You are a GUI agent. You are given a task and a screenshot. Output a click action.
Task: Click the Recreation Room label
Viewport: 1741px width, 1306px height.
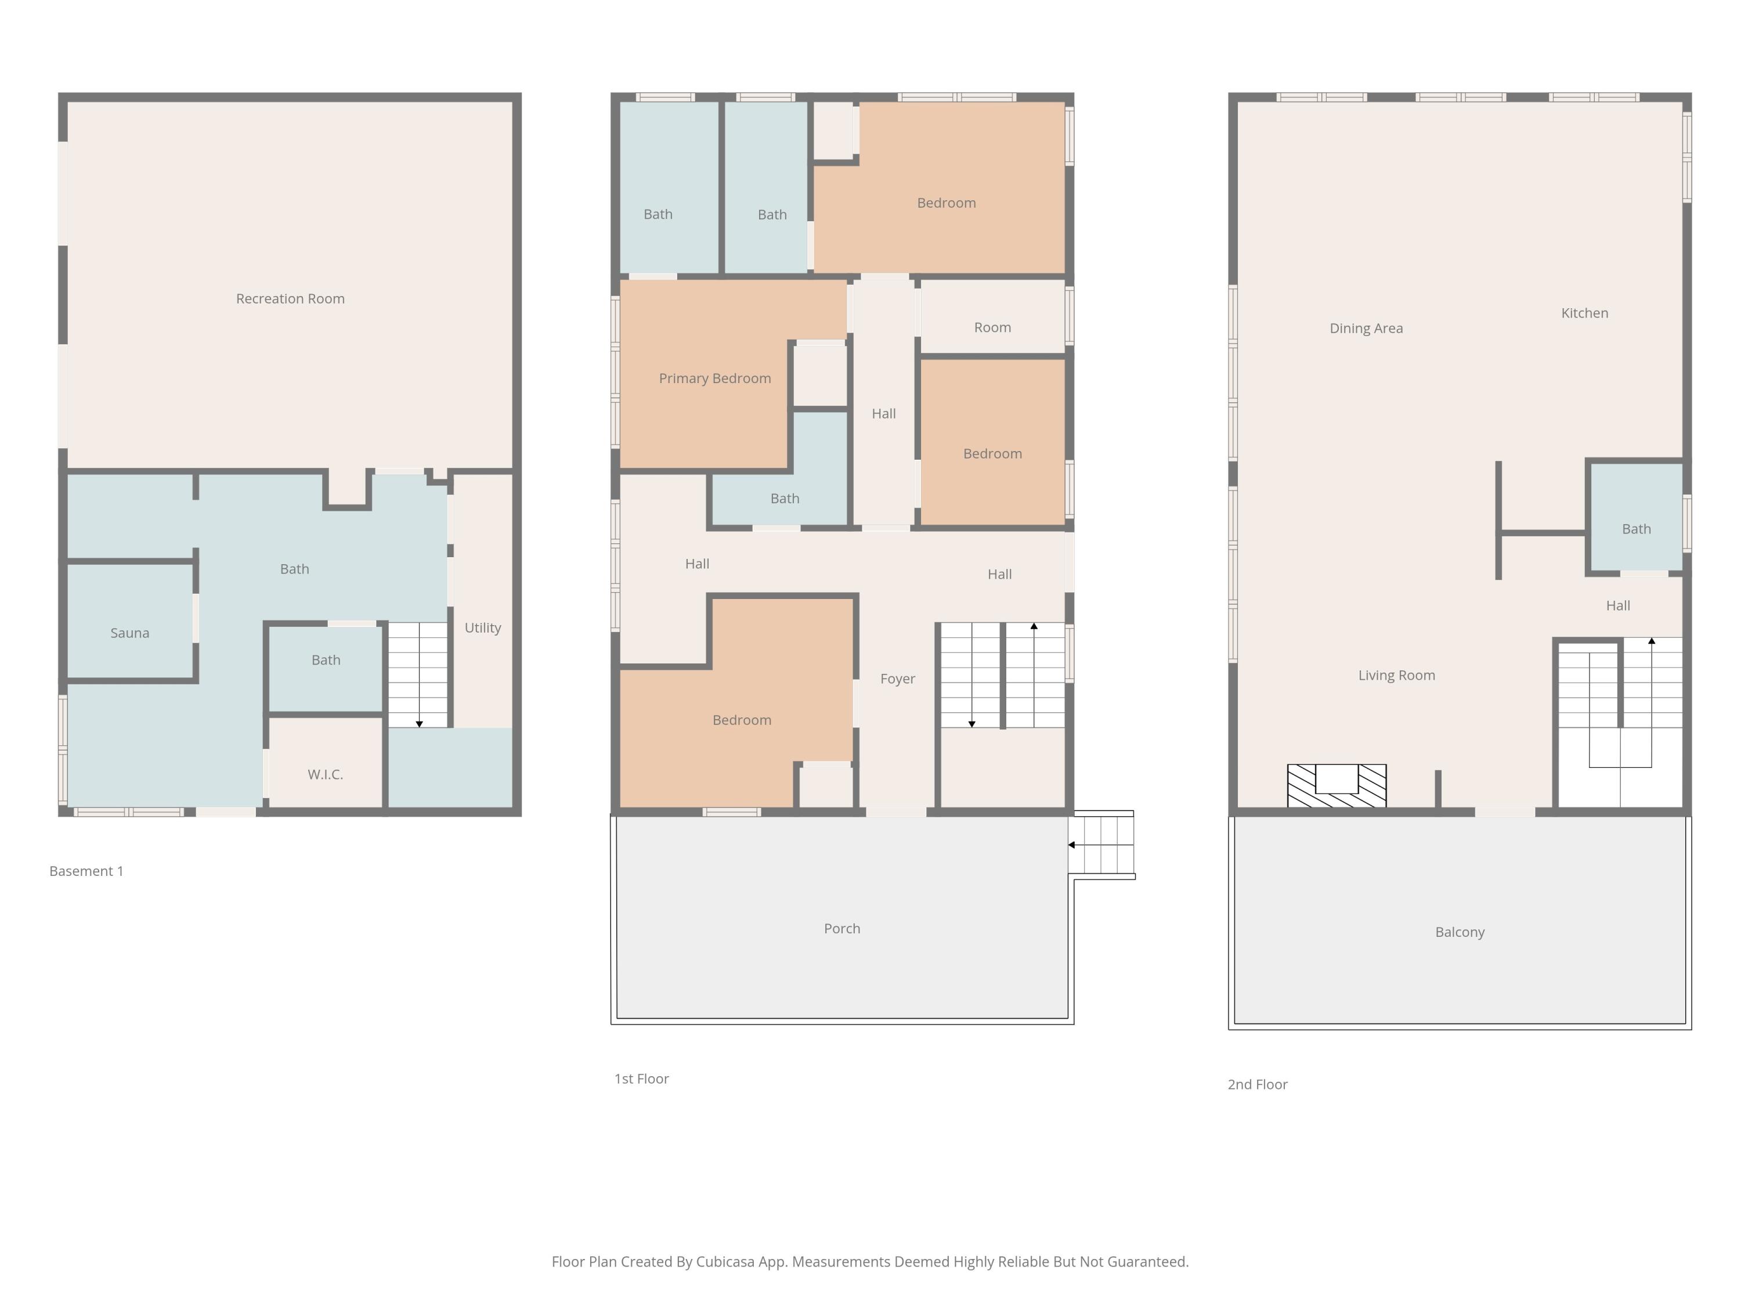(290, 298)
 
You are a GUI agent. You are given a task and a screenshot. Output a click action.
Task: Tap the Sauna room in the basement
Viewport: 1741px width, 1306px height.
(130, 633)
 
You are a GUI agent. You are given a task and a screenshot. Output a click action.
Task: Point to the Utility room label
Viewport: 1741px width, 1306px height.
(482, 627)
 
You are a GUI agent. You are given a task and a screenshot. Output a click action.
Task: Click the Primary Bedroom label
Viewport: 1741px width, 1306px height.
(714, 378)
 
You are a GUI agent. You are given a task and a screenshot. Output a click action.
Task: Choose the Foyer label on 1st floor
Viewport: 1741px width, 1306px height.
(897, 679)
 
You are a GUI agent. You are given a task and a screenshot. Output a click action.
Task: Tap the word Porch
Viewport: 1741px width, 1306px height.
(841, 929)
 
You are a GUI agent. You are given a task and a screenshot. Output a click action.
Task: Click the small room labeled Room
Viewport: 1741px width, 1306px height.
(992, 327)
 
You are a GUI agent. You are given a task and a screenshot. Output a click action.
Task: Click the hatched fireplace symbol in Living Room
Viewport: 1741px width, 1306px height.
(1337, 787)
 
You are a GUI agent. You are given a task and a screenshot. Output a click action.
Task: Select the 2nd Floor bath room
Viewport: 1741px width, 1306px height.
(1635, 529)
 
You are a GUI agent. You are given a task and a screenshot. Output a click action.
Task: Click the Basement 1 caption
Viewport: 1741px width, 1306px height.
(86, 871)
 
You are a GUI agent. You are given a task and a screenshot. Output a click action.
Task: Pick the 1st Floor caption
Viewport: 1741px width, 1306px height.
(641, 1079)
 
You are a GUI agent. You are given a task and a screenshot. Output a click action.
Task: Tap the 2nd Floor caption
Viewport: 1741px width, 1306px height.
(1257, 1085)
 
